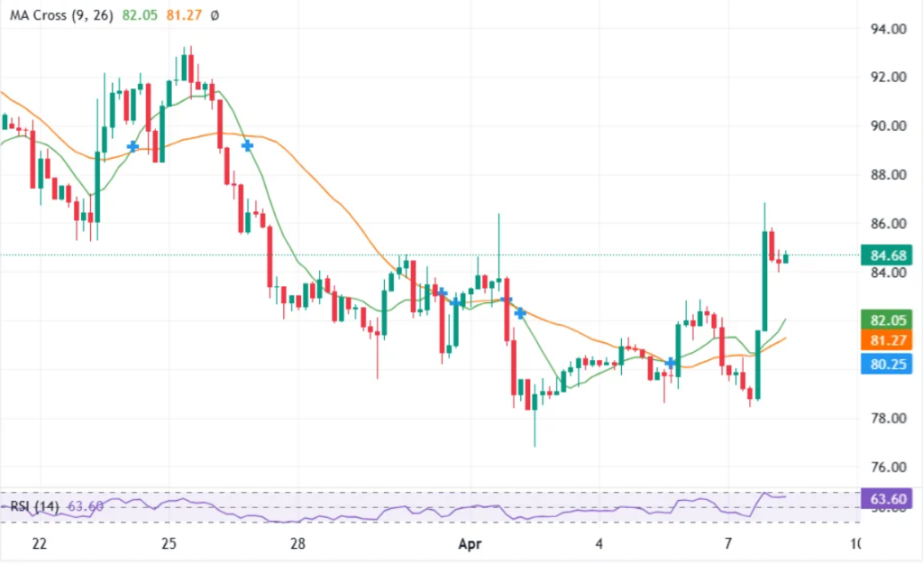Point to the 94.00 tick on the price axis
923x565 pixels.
pyautogui.click(x=887, y=29)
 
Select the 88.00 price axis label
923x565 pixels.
pyautogui.click(x=887, y=175)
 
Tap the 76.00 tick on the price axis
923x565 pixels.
pyautogui.click(x=887, y=468)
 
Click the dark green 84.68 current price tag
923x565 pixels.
pyautogui.click(x=887, y=256)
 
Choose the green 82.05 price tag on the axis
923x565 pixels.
pyautogui.click(x=887, y=320)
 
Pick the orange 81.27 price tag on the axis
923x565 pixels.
pyautogui.click(x=887, y=340)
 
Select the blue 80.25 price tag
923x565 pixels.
pyautogui.click(x=887, y=364)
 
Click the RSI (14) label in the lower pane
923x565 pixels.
pyautogui.click(x=34, y=506)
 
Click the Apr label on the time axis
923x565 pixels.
pyautogui.click(x=471, y=544)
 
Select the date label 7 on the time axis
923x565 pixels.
pyautogui.click(x=727, y=544)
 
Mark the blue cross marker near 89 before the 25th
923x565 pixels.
pyautogui.click(x=133, y=146)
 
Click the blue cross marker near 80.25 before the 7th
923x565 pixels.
pyautogui.click(x=671, y=363)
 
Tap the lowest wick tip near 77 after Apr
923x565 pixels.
pyautogui.click(x=535, y=446)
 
